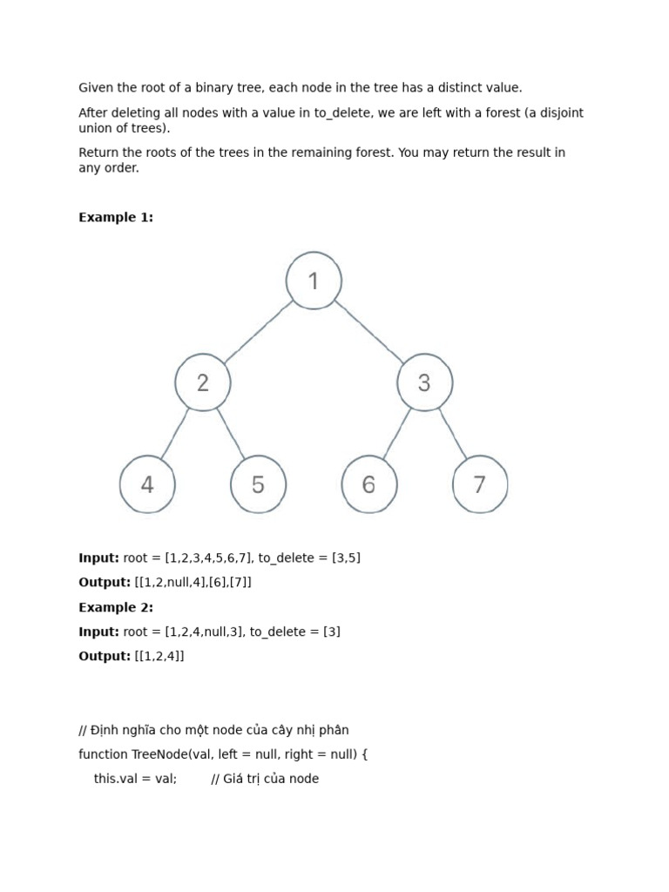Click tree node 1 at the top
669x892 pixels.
314,280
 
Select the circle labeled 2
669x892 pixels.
203,382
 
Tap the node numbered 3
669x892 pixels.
424,382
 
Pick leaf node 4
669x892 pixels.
147,484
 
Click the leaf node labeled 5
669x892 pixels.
258,484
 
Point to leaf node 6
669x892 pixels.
368,484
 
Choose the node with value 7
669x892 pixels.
479,484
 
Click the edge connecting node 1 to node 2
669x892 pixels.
259,331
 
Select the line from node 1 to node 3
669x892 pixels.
369,331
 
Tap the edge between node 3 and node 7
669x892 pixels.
452,433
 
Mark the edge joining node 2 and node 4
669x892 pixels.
174,434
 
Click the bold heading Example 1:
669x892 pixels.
116,218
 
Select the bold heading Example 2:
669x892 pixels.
116,607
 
